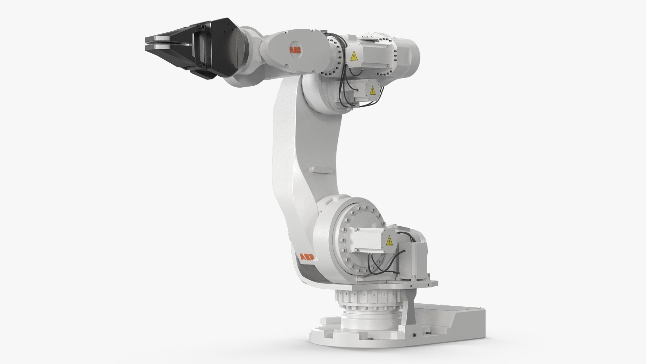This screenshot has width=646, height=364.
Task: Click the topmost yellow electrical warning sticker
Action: click(354, 56)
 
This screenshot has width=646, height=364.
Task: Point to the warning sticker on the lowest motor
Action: click(390, 241)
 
